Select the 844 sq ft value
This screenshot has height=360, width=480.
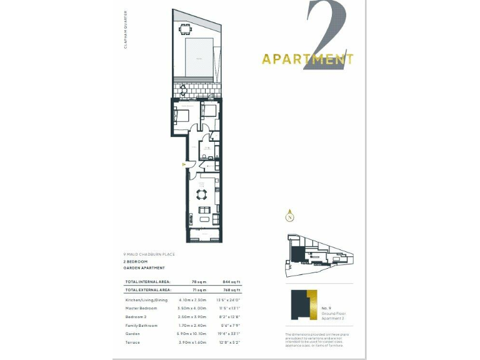231,282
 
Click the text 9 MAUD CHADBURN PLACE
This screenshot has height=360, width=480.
149,254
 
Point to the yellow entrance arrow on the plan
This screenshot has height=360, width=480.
184,164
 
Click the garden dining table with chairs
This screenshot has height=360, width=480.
184,29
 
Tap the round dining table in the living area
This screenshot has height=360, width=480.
202,193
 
